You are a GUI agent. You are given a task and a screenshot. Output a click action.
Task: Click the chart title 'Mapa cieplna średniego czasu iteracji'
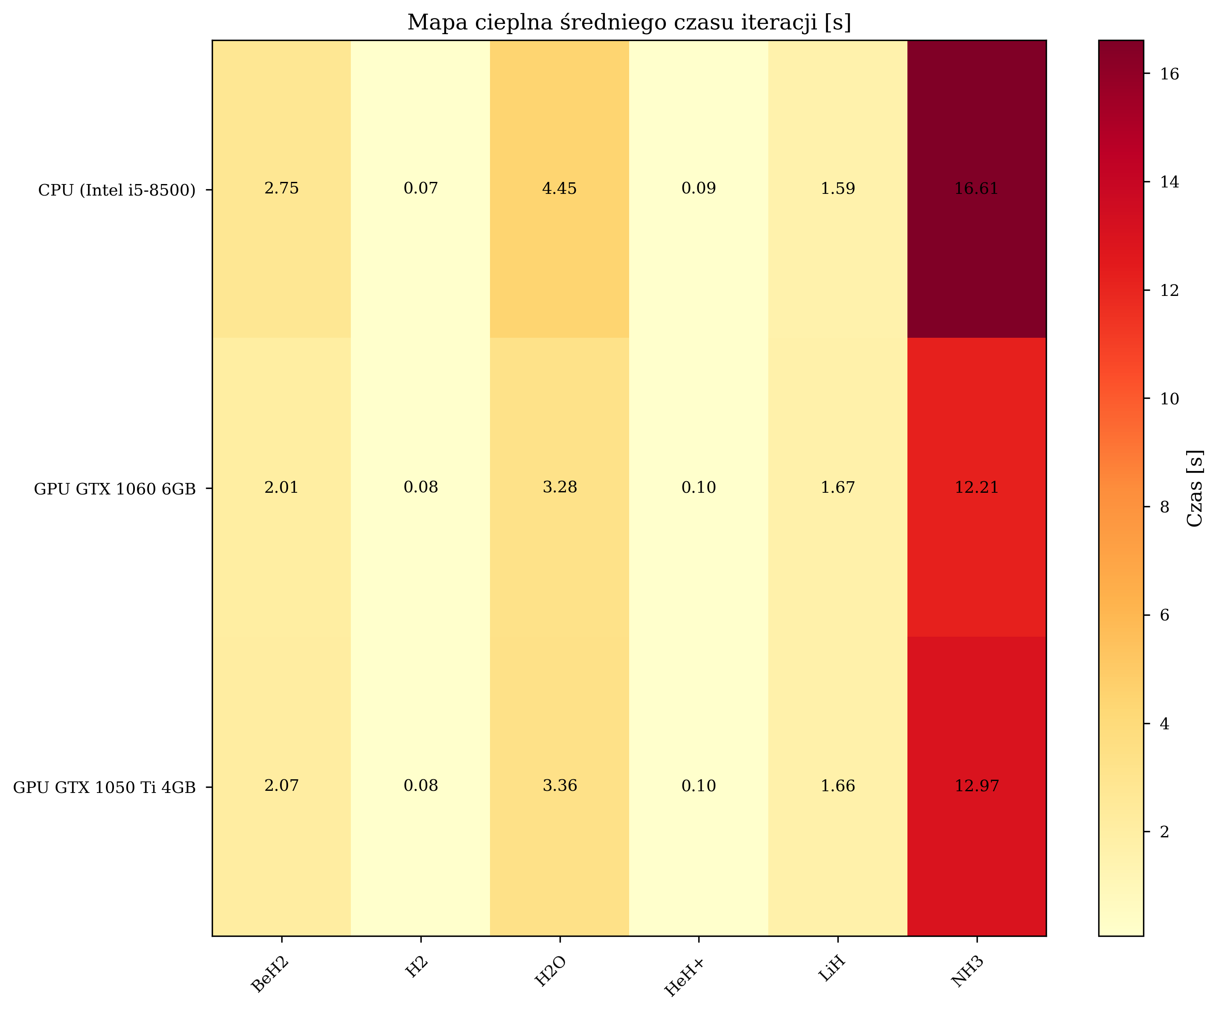click(x=629, y=23)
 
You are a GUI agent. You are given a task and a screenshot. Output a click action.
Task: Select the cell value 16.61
click(x=977, y=189)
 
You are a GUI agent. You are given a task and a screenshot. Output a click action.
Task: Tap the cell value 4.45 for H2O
click(x=560, y=189)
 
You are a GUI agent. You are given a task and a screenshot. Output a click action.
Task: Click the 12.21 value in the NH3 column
click(x=977, y=488)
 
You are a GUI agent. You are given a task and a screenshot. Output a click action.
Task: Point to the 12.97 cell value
click(x=977, y=786)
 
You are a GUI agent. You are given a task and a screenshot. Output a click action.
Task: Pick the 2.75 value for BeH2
click(x=282, y=189)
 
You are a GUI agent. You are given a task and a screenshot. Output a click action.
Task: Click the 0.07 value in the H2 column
click(x=421, y=189)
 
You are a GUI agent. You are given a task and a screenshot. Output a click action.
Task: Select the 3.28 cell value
click(x=560, y=488)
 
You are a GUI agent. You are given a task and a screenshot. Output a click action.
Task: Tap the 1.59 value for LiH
click(x=837, y=189)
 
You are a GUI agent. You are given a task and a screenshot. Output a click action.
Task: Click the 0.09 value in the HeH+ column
click(x=698, y=189)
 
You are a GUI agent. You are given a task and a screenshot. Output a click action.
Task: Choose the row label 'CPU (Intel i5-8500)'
click(x=117, y=190)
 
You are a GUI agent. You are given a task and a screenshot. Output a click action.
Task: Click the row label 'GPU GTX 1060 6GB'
click(x=114, y=489)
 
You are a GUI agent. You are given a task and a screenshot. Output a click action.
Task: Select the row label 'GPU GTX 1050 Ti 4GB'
click(x=105, y=788)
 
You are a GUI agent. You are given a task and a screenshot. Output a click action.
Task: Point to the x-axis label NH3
click(x=967, y=972)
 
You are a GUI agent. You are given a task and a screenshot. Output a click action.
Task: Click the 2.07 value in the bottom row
click(x=282, y=786)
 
